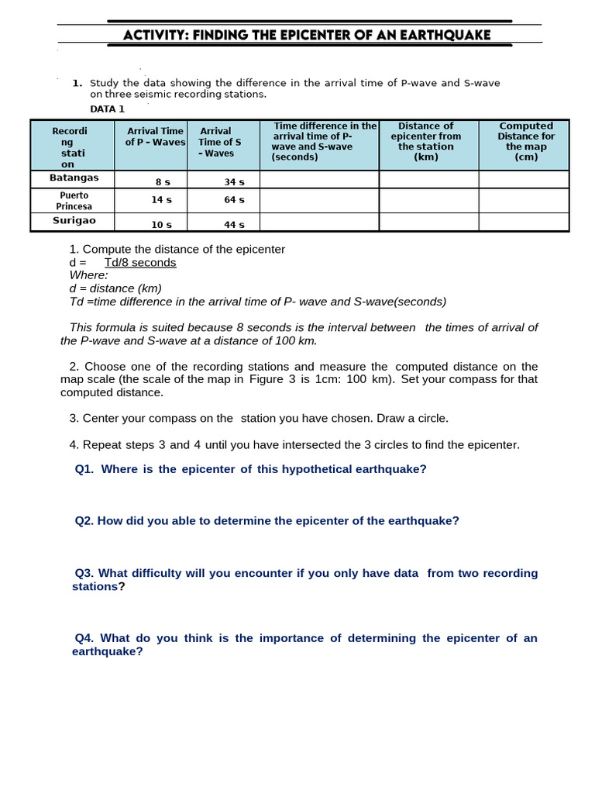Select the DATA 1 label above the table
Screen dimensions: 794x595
pyautogui.click(x=107, y=109)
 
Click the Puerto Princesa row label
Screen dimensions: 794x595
pyautogui.click(x=73, y=201)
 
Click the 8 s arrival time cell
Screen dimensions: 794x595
pyautogui.click(x=163, y=181)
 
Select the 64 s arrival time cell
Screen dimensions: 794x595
pyautogui.click(x=233, y=200)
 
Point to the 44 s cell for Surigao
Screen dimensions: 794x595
pyautogui.click(x=233, y=225)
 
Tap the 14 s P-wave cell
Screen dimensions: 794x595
pyautogui.click(x=162, y=200)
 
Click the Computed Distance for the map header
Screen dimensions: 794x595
pyautogui.click(x=525, y=141)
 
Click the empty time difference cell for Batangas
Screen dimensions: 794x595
pyautogui.click(x=318, y=179)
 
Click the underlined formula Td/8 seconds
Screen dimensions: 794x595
pyautogui.click(x=140, y=263)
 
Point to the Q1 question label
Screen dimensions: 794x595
pyautogui.click(x=84, y=469)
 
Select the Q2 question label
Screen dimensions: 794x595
pyautogui.click(x=84, y=521)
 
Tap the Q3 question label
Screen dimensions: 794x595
pyautogui.click(x=84, y=573)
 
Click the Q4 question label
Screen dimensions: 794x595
pyautogui.click(x=84, y=638)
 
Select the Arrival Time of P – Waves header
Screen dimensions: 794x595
pyautogui.click(x=155, y=136)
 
